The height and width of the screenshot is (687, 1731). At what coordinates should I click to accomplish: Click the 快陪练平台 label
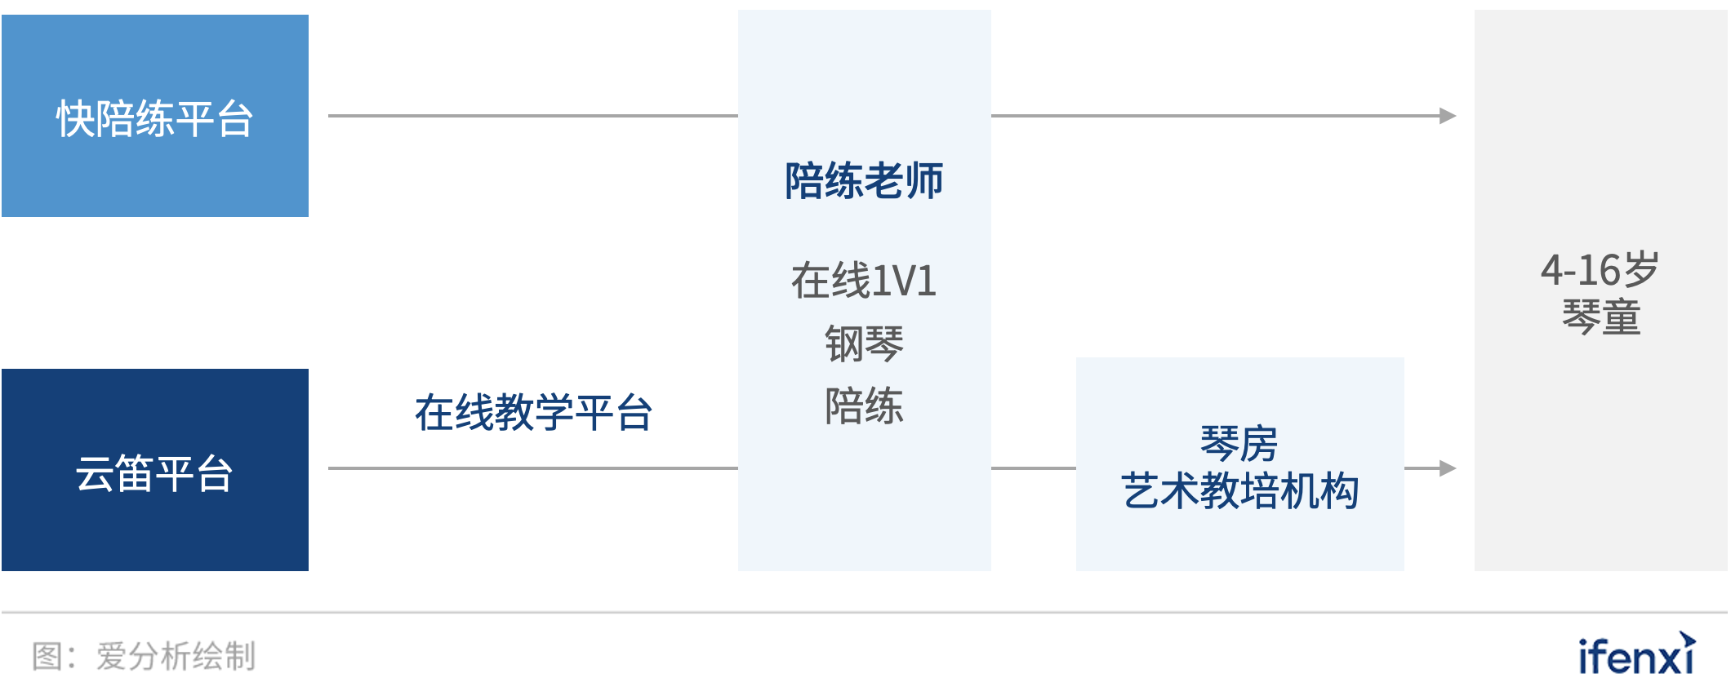[154, 119]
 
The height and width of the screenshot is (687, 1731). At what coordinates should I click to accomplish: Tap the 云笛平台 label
[154, 473]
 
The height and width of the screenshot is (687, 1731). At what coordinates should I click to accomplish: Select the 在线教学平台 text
[533, 412]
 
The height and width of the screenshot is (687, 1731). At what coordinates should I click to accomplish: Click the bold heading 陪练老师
[864, 180]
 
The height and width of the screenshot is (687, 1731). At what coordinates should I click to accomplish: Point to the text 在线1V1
[864, 281]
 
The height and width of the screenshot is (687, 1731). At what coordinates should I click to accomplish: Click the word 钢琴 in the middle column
[864, 343]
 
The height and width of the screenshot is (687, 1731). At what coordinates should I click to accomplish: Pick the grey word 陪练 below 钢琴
[864, 406]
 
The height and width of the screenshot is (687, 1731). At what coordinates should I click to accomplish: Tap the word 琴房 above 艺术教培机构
[1239, 444]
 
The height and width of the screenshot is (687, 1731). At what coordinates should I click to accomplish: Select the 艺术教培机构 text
[1239, 491]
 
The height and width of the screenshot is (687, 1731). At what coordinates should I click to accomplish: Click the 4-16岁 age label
[1600, 270]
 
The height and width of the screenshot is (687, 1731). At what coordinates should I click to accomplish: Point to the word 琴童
[1600, 317]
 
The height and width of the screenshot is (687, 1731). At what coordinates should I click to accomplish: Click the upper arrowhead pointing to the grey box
[1448, 116]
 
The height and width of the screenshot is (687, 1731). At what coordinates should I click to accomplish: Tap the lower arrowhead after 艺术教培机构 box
[1448, 468]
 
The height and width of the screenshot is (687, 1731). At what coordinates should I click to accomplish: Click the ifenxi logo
[1636, 655]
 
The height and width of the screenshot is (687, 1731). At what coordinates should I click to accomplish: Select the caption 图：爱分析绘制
[144, 656]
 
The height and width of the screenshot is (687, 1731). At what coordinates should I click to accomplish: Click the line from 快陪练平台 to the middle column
[532, 116]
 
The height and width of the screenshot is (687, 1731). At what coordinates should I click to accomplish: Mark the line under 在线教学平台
[532, 468]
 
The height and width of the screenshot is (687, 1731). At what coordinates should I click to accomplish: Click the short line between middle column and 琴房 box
[1033, 468]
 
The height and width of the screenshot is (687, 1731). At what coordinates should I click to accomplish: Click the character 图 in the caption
[47, 656]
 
